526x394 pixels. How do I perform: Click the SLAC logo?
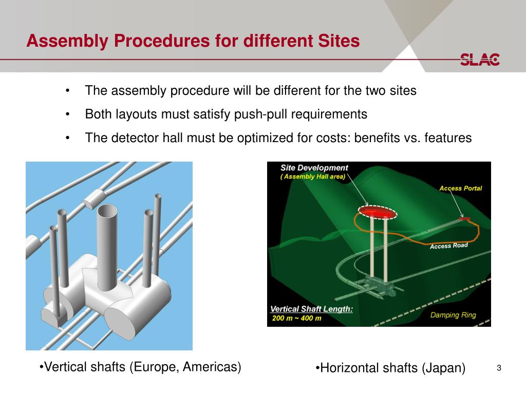480,60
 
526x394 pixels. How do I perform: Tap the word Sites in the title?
335,41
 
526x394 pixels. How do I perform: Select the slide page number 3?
498,368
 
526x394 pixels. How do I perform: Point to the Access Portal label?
460,188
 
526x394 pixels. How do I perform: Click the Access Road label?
448,246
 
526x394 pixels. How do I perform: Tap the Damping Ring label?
453,315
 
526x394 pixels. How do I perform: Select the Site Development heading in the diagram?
314,168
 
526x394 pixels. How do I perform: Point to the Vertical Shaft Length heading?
312,309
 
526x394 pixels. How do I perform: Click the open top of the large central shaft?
109,211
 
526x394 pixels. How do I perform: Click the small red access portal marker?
464,219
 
